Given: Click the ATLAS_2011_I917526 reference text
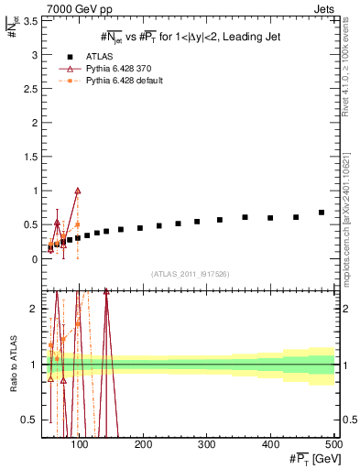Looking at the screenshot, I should pyautogui.click(x=190, y=274).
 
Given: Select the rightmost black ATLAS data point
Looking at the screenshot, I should pyautogui.click(x=322, y=213).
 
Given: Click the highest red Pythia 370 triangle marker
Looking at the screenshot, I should pyautogui.click(x=78, y=191).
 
